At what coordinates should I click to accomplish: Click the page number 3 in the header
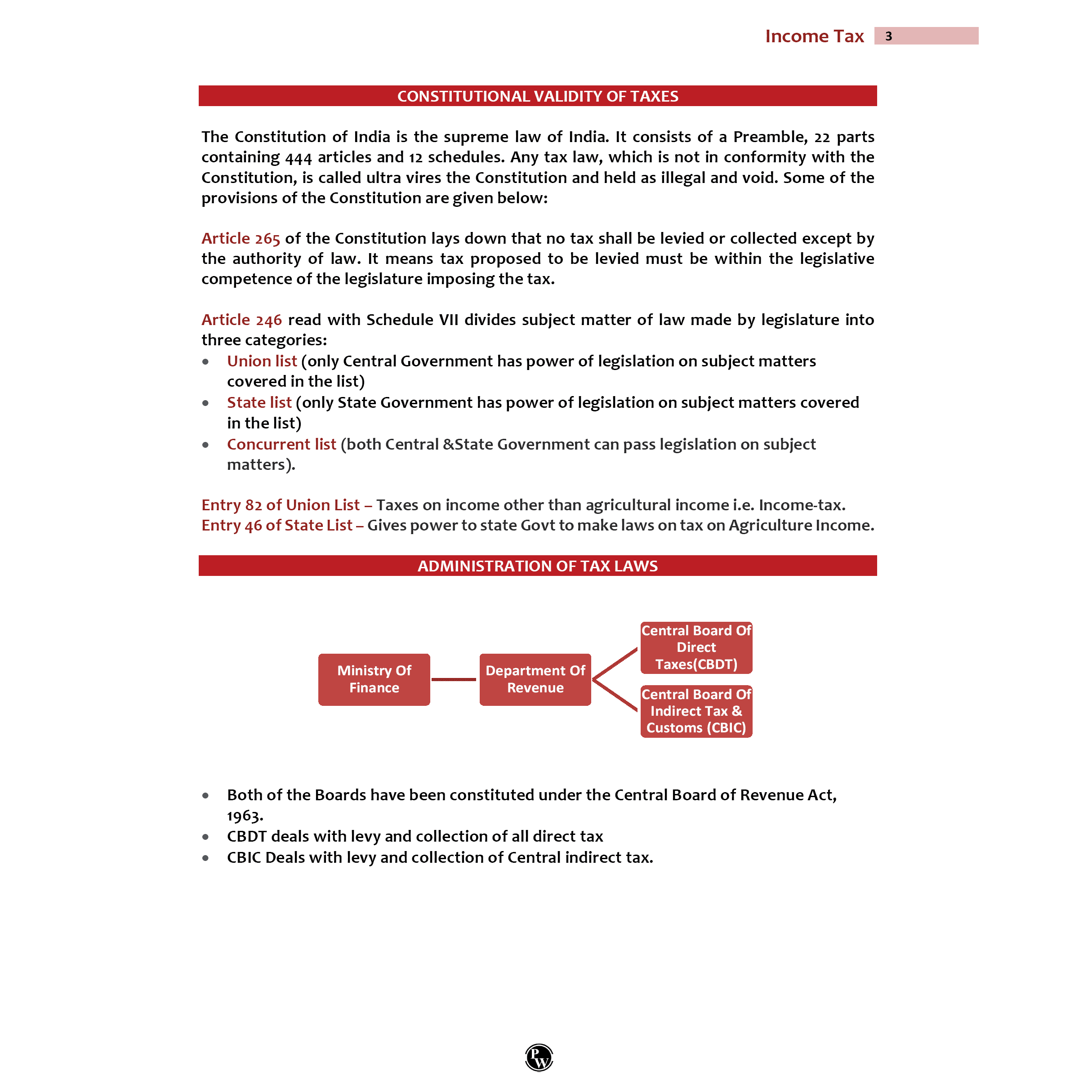click(888, 36)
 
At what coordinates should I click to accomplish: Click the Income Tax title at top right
click(814, 36)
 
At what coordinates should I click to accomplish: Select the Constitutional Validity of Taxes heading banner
click(537, 96)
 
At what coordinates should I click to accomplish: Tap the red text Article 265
click(240, 238)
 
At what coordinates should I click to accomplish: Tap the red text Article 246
click(241, 320)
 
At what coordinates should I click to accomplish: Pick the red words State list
click(259, 403)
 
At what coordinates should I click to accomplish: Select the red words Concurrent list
click(281, 445)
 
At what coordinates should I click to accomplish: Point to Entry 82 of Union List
click(281, 505)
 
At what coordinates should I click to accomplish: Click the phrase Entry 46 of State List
click(277, 526)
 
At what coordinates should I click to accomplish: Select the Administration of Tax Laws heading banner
click(537, 566)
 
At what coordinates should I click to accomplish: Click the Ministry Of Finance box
click(374, 679)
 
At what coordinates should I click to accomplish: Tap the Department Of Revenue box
click(535, 679)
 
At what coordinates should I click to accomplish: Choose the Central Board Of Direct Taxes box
click(696, 647)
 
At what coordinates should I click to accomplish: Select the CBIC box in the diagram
click(696, 711)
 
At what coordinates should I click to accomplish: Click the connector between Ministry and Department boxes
click(454, 680)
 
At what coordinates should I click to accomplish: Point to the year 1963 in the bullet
click(244, 816)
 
